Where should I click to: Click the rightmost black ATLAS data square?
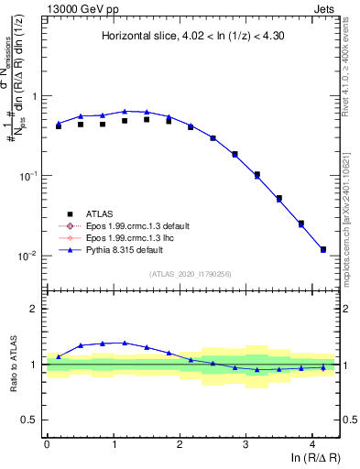[x=323, y=249]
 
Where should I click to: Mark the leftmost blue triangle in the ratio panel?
[x=59, y=356]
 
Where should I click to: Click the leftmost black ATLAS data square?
[x=59, y=126]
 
